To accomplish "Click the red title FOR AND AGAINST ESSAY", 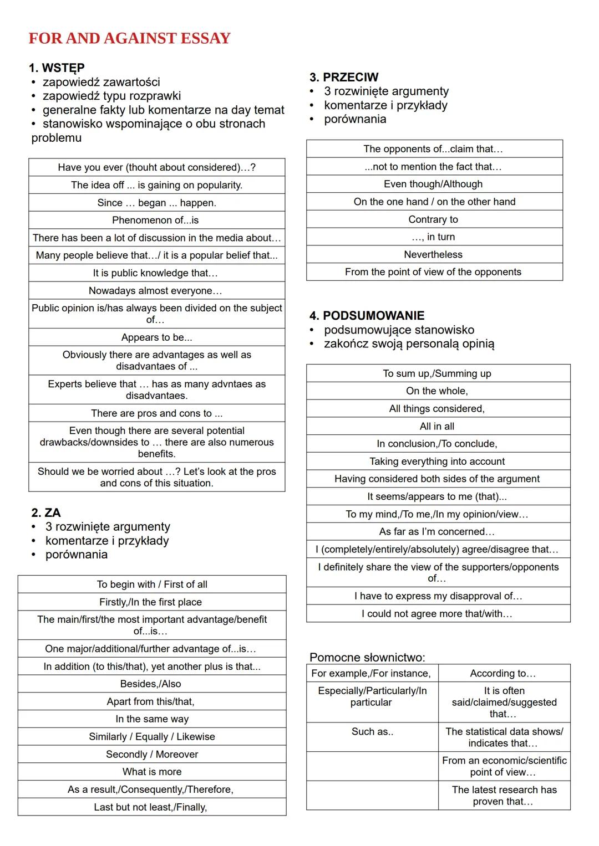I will [x=129, y=38].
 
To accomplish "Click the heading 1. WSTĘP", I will [x=57, y=68].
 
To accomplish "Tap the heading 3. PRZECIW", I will [x=344, y=77].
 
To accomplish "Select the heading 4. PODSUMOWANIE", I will [x=367, y=316].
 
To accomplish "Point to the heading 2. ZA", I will [x=46, y=512].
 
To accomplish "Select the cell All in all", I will [x=437, y=426].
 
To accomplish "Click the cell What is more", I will [x=152, y=772].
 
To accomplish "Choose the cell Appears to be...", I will [x=156, y=337].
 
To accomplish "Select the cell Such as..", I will [x=372, y=731].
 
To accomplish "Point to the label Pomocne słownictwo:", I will [x=367, y=658].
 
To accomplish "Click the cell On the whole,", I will [x=437, y=391].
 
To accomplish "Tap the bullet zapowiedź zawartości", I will [x=101, y=82].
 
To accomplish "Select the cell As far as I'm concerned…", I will [x=437, y=531].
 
